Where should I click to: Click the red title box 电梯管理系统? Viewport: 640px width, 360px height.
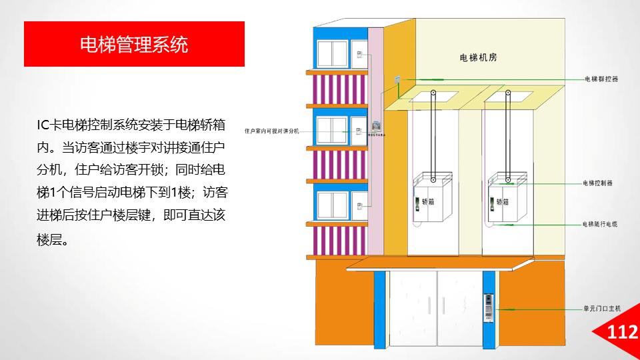pyautogui.click(x=134, y=44)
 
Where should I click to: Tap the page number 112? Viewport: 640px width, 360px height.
pyautogui.click(x=623, y=332)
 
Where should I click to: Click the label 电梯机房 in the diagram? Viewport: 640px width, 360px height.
pyautogui.click(x=479, y=57)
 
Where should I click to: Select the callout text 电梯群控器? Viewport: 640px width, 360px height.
pyautogui.click(x=601, y=79)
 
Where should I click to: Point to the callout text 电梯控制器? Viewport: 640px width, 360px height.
pyautogui.click(x=597, y=183)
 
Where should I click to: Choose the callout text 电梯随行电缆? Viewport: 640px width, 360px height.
pyautogui.click(x=600, y=224)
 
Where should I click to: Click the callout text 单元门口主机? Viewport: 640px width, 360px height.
pyautogui.click(x=602, y=309)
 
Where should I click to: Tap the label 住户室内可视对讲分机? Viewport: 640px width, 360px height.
pyautogui.click(x=273, y=131)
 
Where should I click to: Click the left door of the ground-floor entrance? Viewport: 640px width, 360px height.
pyautogui.click(x=412, y=307)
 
